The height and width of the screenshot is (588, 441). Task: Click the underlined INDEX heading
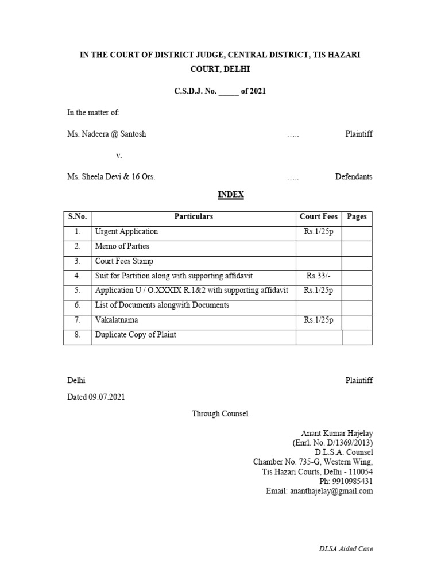click(231, 195)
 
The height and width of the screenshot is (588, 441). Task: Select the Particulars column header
click(194, 216)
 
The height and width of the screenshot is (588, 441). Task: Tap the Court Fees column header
click(319, 216)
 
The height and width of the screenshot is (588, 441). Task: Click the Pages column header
click(357, 216)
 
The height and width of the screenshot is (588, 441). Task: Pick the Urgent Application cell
click(126, 231)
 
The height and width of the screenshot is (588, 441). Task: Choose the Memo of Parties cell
click(122, 246)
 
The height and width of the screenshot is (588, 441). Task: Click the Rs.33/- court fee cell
click(319, 276)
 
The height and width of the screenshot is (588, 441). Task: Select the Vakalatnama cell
click(117, 320)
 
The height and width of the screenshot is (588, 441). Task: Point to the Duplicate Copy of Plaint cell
click(136, 335)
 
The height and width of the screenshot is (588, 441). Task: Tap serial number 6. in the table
click(78, 305)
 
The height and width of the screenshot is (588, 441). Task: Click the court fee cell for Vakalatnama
click(319, 320)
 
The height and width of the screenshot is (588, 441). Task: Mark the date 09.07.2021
click(107, 397)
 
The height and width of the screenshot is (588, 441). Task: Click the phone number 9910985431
click(352, 481)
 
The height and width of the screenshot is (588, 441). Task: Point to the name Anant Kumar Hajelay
click(337, 433)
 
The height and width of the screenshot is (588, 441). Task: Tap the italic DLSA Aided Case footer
click(346, 548)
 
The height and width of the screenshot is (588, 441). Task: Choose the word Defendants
click(354, 177)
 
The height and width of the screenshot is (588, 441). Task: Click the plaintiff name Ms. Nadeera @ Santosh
click(107, 134)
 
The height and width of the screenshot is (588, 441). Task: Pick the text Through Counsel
click(220, 413)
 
